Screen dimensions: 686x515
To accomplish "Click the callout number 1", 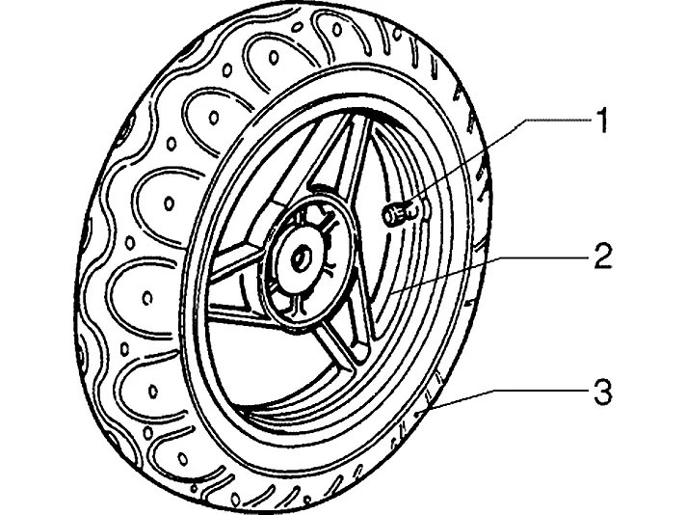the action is [602, 121].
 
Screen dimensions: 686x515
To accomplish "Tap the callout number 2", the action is [602, 256].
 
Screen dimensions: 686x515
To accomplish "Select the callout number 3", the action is [602, 391].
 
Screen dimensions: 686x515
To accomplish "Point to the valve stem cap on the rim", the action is [392, 214].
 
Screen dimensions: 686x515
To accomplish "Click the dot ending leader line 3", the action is [420, 413].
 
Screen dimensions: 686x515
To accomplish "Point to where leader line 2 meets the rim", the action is [390, 291].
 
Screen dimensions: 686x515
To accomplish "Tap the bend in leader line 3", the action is [495, 389].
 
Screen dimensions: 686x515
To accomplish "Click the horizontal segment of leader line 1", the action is [559, 120].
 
